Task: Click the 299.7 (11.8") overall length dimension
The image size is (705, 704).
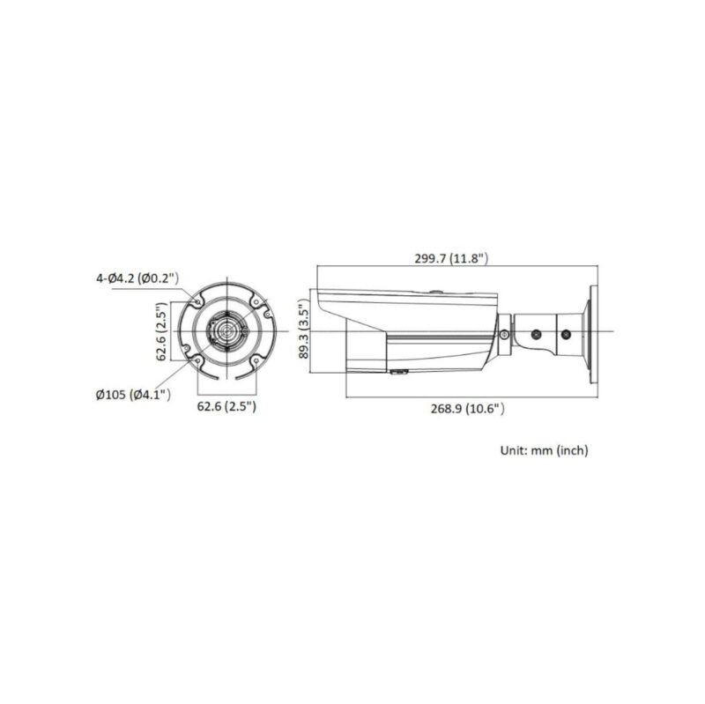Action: [x=451, y=259]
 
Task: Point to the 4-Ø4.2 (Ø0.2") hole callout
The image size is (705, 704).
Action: [x=137, y=278]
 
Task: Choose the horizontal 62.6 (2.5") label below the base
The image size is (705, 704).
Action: [x=226, y=406]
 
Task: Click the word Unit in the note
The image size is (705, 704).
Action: [x=513, y=450]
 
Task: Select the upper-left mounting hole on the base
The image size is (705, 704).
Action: [x=197, y=301]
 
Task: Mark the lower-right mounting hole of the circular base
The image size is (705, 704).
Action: [x=256, y=361]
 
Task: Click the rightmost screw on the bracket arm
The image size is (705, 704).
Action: [x=567, y=335]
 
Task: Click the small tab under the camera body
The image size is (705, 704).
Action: [x=399, y=374]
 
